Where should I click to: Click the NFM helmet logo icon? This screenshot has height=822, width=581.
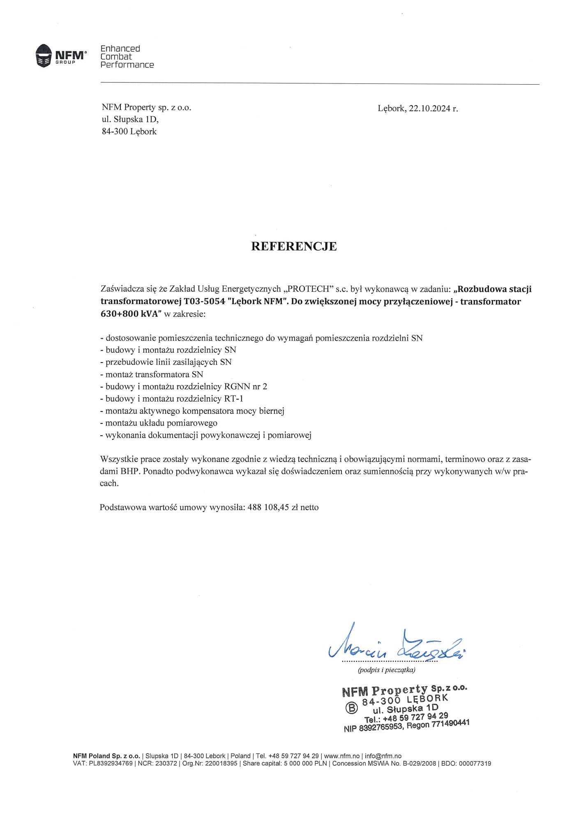43,55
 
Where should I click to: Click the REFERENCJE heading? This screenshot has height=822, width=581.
294,246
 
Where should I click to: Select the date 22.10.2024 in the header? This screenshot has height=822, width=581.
429,109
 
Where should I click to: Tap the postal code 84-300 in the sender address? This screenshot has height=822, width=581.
115,132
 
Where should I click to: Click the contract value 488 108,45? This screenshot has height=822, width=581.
268,507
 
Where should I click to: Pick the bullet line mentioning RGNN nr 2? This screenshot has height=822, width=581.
184,386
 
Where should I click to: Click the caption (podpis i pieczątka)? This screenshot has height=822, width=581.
386,670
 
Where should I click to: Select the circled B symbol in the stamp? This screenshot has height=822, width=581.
352,708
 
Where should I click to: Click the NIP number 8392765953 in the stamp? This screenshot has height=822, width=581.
381,727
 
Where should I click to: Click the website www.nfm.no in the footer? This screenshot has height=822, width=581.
342,756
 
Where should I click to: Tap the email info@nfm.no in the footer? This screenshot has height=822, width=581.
383,756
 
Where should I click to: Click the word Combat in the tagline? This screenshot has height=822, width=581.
116,57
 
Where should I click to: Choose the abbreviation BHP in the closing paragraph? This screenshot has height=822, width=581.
130,471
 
